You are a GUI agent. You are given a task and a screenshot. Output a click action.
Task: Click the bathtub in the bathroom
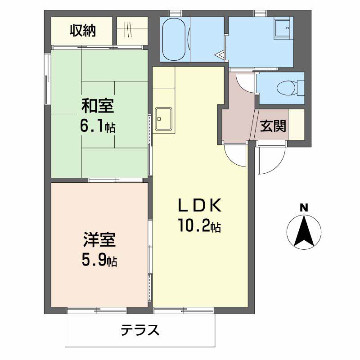point(174,40)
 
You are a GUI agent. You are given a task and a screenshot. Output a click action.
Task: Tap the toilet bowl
point(287,88)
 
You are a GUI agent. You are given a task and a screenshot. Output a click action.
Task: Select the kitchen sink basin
point(163,119)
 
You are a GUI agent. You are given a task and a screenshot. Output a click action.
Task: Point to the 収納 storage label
point(83,31)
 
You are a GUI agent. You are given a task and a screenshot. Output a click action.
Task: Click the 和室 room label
point(98,106)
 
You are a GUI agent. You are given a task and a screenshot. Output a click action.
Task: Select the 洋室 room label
point(99,240)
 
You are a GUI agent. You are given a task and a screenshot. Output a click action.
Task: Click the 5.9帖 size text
point(99,260)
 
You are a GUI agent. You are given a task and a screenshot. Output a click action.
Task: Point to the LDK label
point(200,205)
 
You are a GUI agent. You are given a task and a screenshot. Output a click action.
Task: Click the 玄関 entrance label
point(273,126)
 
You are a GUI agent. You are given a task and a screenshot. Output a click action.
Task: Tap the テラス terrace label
point(140,330)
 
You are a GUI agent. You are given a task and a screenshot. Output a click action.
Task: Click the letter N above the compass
point(304,208)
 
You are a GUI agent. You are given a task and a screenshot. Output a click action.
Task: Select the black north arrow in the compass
point(304,232)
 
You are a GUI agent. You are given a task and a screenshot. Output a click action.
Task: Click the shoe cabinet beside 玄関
point(296,124)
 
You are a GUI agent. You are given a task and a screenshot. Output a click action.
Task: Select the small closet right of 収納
point(132,31)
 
